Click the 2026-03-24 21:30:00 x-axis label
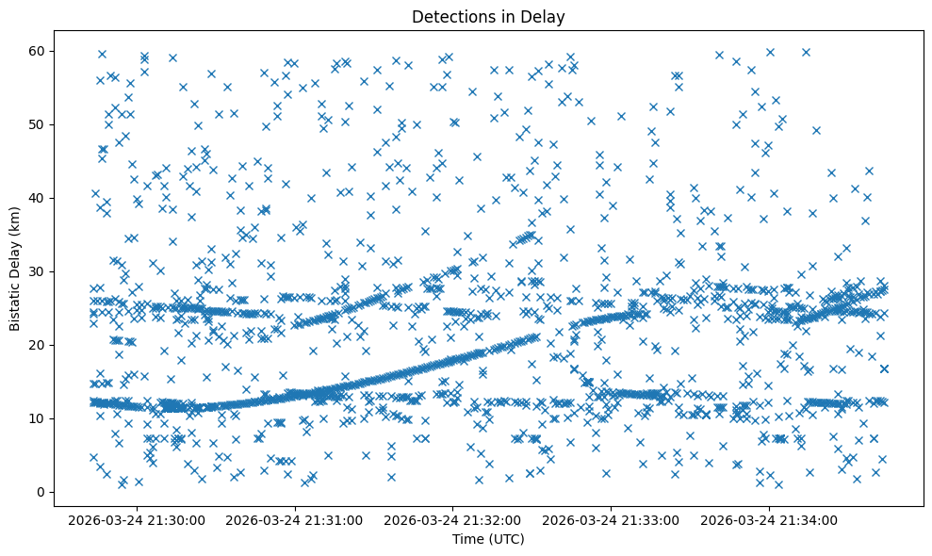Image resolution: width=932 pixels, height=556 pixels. coord(136,519)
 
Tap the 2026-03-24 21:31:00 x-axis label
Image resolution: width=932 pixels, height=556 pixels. coord(294,519)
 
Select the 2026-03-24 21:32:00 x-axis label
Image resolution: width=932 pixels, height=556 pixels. coord(452,519)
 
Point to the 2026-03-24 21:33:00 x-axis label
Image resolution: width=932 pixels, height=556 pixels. coord(612,519)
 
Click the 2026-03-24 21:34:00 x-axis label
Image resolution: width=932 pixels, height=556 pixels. coord(770,519)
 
